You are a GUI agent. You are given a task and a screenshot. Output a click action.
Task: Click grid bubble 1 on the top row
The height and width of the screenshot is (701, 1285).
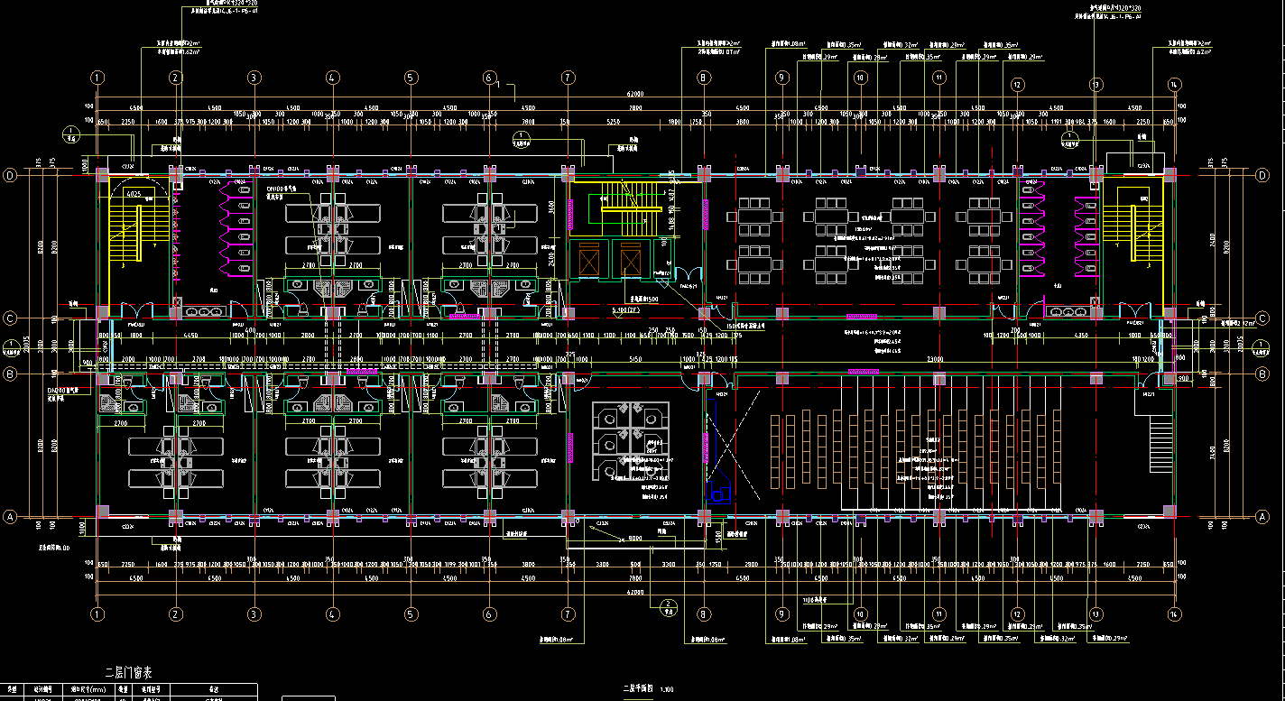[97, 78]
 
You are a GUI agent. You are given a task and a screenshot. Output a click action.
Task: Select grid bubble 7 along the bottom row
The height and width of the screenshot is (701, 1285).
[568, 613]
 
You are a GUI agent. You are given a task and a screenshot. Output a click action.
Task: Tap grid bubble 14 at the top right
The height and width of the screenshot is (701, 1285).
[1174, 85]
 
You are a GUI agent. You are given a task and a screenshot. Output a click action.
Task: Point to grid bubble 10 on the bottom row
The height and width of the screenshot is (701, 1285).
[861, 613]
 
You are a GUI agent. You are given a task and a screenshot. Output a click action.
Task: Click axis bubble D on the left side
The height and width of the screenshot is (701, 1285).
[11, 175]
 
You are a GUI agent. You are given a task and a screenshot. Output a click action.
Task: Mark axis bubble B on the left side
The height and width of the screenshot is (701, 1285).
[11, 373]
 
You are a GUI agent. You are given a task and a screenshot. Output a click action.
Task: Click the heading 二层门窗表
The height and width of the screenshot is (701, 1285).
[129, 672]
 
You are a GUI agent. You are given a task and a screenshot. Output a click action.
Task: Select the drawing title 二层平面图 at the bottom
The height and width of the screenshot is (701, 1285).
[637, 689]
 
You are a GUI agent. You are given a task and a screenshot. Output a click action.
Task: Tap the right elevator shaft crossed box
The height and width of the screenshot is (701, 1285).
[630, 263]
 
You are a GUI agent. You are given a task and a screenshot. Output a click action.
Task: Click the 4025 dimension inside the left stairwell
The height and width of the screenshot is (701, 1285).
[133, 194]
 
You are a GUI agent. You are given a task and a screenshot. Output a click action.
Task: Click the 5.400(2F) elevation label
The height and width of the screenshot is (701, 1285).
[625, 310]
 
